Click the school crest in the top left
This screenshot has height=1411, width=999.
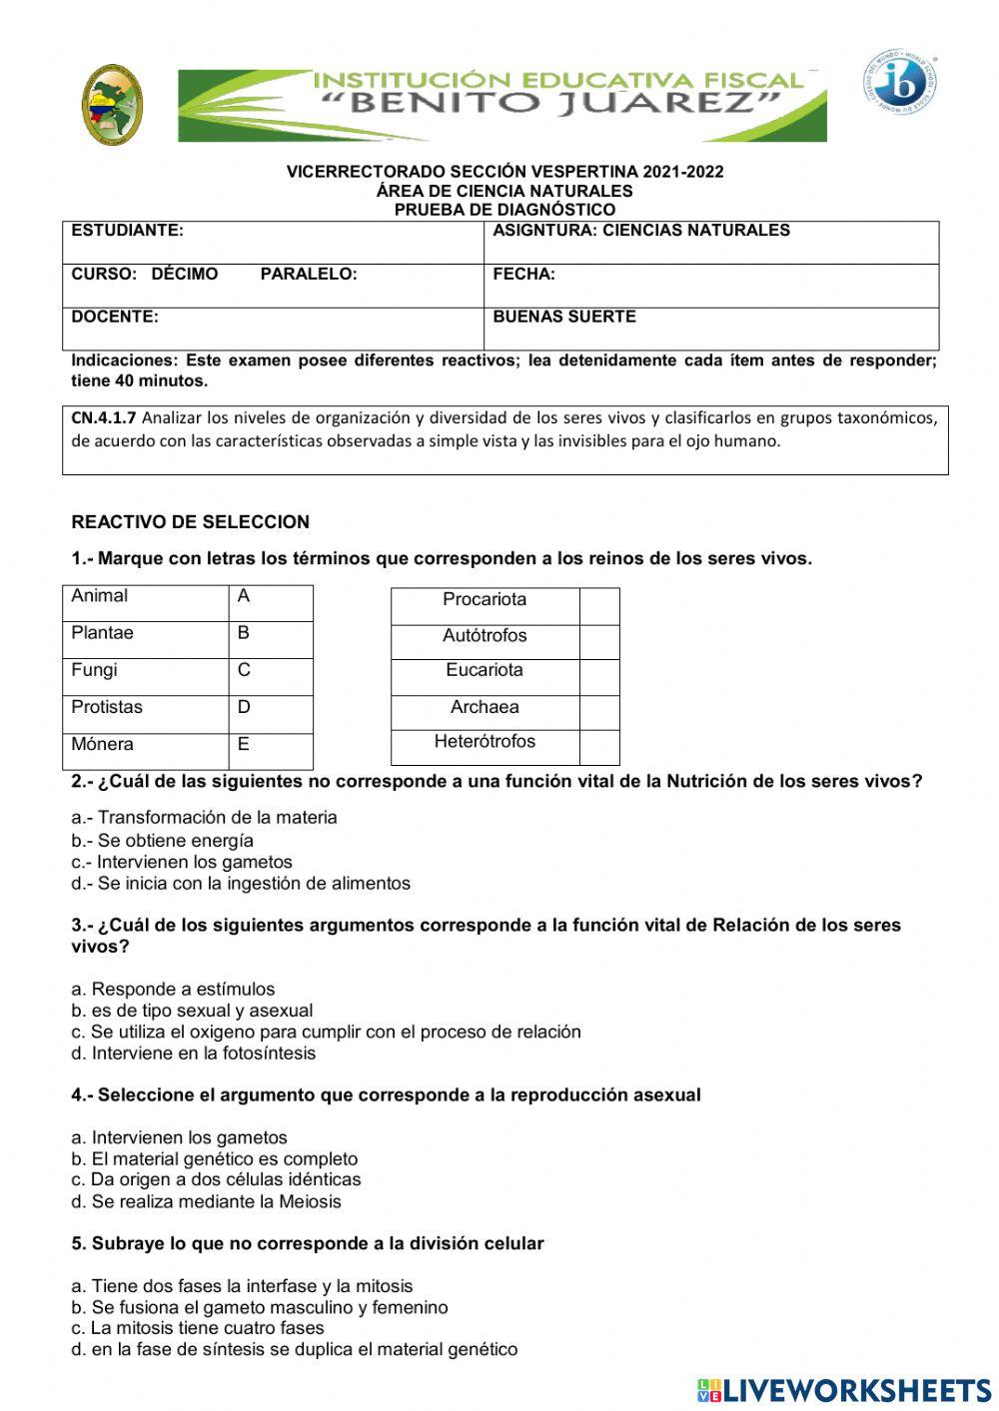112,105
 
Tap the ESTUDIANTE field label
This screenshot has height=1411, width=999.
127,231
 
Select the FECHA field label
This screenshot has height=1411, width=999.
523,274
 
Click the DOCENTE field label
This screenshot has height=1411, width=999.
115,317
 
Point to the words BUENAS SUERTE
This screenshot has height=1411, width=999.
564,317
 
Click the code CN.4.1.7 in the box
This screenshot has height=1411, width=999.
104,418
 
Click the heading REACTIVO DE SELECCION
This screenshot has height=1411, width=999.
190,522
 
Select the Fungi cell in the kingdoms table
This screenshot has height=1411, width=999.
94,670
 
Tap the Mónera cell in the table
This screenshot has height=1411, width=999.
102,744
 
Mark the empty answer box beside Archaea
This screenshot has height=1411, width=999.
599,712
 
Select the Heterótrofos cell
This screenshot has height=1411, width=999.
485,742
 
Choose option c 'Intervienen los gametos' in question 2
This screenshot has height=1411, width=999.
182,862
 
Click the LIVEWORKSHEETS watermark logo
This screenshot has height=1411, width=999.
843,1389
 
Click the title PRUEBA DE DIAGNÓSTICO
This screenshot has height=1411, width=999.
504,210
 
